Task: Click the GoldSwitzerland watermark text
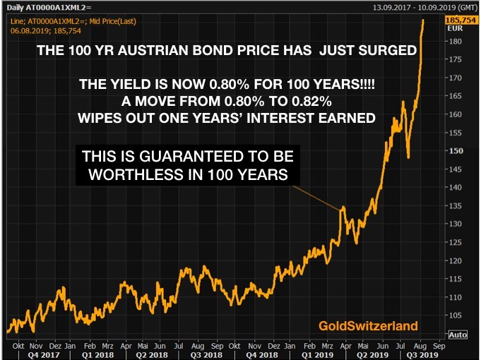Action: (368, 325)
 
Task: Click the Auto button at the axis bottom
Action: (457, 334)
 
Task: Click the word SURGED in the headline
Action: (391, 51)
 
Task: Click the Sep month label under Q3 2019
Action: (438, 346)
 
